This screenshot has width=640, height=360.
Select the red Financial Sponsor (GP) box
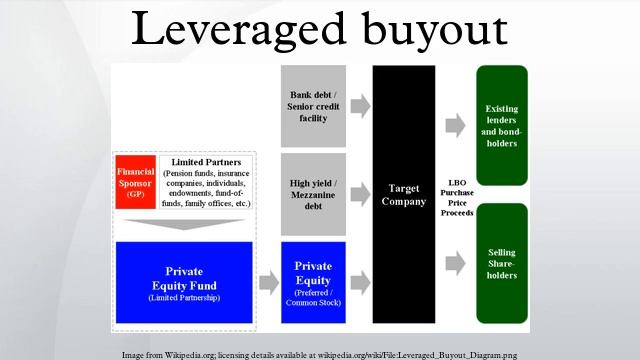(x=135, y=181)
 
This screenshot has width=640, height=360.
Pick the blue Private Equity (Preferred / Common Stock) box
(x=313, y=282)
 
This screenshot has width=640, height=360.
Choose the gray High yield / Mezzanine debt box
(x=313, y=193)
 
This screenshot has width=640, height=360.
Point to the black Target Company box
(x=404, y=193)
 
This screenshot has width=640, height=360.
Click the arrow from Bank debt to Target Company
(x=359, y=104)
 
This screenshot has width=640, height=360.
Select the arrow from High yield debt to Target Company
(x=359, y=193)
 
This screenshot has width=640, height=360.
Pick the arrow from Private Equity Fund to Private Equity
(x=268, y=282)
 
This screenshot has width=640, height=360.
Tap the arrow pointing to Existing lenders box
(x=455, y=124)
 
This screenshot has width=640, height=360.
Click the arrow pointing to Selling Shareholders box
(x=455, y=262)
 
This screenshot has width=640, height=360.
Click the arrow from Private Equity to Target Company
(x=359, y=282)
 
